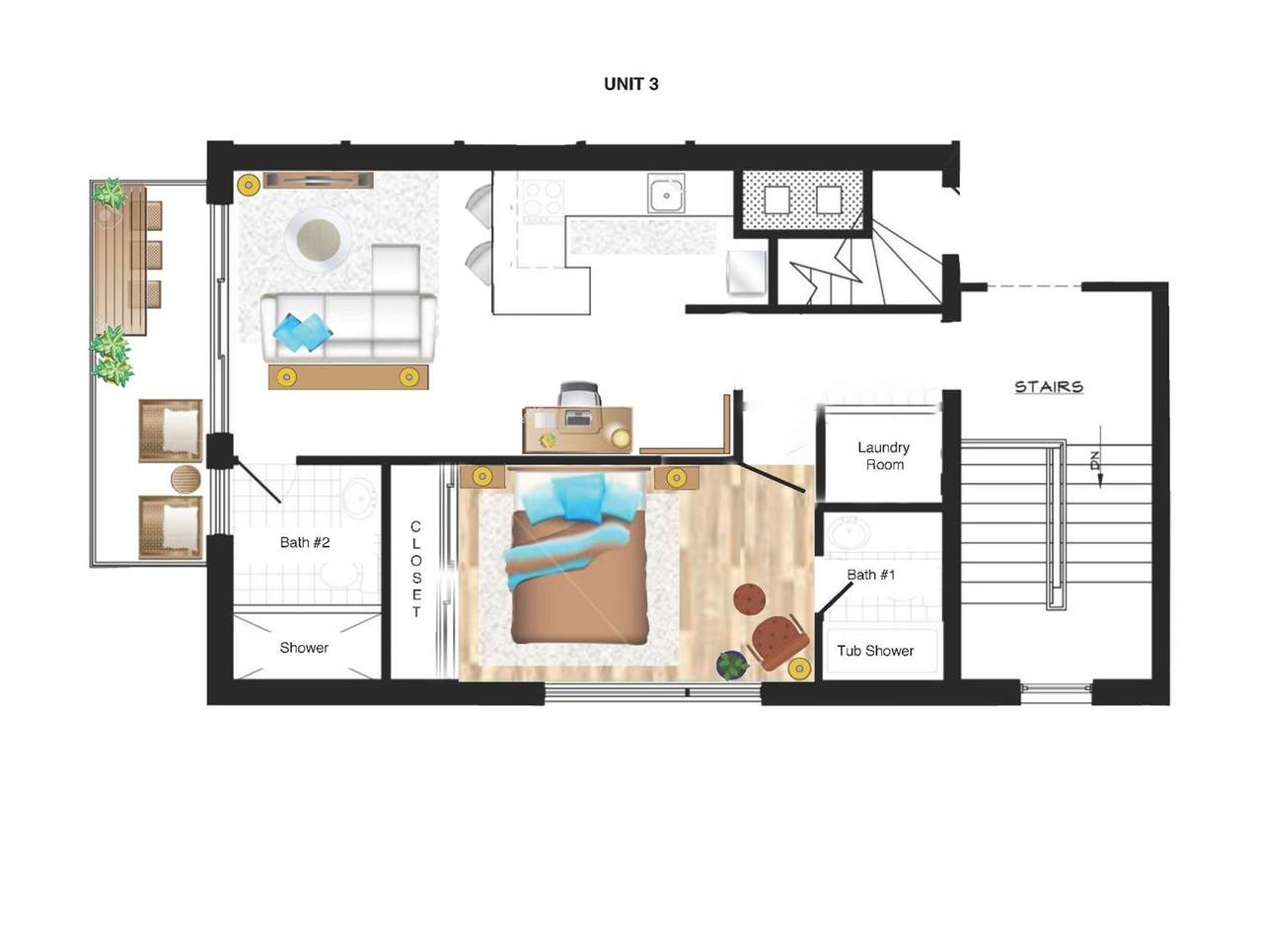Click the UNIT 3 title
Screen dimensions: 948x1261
coord(630,84)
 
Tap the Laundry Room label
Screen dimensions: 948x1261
coord(883,456)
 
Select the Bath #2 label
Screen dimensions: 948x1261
coord(304,542)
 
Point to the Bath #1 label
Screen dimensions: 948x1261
coord(870,575)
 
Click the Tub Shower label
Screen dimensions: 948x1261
coord(875,651)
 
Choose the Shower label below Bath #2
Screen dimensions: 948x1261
coord(304,648)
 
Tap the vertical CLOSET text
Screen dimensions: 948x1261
coord(415,570)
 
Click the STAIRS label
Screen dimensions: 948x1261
coord(1049,386)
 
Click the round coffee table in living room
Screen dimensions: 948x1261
coord(318,239)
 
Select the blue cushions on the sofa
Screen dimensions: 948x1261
coord(302,332)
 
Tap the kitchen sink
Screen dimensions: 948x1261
coord(667,195)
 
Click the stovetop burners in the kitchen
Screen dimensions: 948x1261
coord(542,200)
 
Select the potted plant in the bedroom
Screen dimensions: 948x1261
coord(731,665)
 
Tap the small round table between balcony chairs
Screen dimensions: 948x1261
coord(185,480)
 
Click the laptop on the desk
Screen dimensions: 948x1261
coord(578,419)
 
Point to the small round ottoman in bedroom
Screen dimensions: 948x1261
coord(751,598)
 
